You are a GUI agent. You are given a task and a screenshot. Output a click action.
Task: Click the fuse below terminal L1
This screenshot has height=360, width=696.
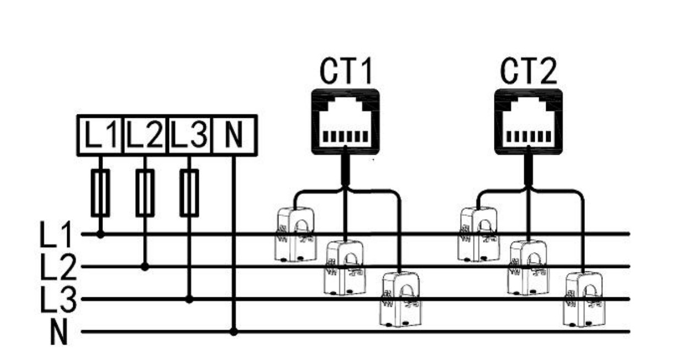pos(100,193)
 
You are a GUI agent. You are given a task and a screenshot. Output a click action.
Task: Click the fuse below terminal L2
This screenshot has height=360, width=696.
pos(145,193)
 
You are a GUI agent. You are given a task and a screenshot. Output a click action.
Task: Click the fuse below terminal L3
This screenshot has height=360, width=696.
pos(189,193)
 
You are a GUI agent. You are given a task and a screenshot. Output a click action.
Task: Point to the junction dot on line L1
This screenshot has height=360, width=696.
pos(100,234)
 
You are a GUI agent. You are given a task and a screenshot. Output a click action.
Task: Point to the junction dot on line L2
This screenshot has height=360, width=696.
pos(145,266)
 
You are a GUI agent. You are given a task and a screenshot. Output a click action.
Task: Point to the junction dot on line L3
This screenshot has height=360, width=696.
pos(189,299)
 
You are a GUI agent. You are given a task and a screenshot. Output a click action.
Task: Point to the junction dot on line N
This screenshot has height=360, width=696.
pos(233,332)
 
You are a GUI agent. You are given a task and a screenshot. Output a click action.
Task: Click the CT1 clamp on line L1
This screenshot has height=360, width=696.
pos(295,234)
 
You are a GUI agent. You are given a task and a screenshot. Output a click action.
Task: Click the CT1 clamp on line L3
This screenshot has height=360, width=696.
pos(400,299)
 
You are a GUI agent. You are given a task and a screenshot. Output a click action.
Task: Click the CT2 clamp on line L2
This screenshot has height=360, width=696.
pos(528,268)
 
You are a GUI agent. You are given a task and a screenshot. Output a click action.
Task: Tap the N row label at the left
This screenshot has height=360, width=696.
pos(58,332)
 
